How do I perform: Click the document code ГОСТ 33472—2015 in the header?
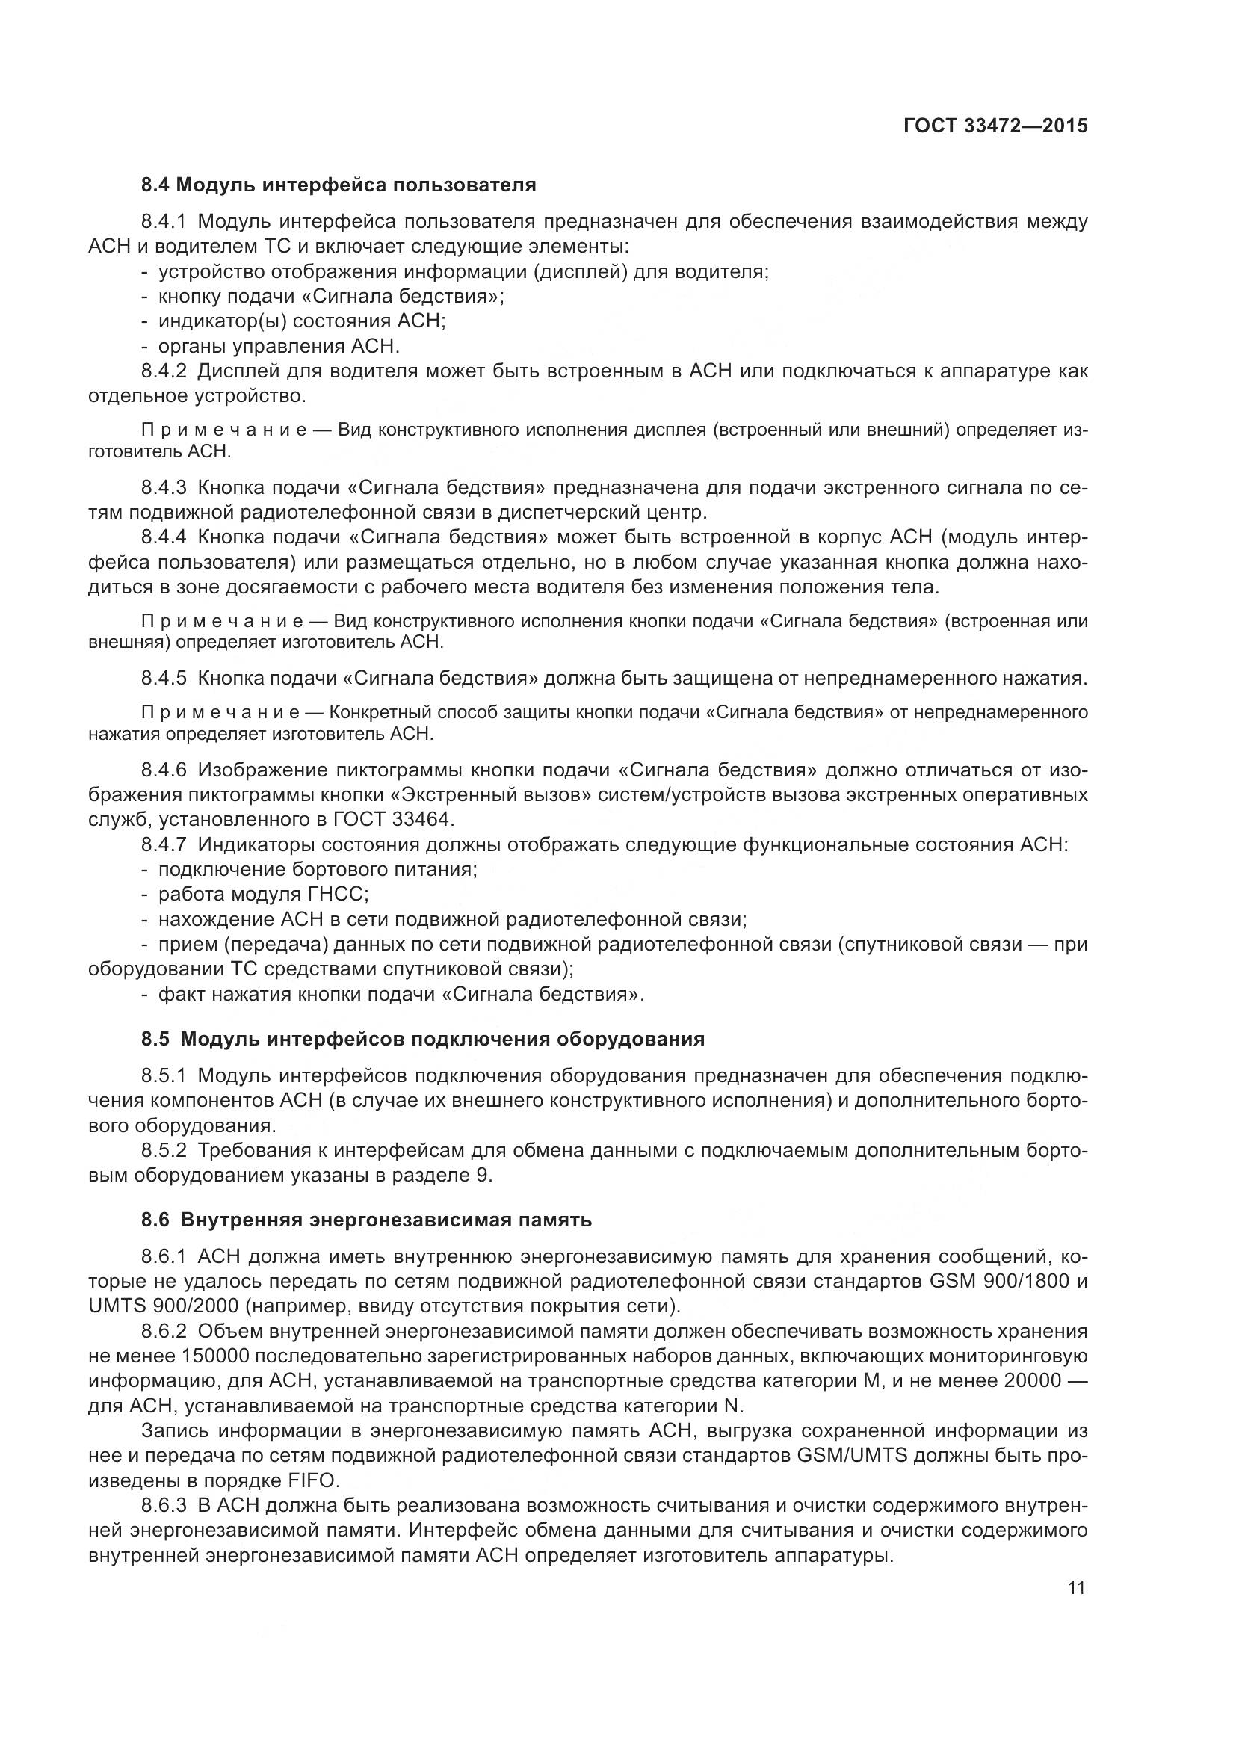point(995,126)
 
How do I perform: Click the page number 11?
point(1076,1587)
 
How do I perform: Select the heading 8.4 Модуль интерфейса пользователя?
point(339,185)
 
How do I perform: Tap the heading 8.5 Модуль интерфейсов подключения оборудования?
point(422,1039)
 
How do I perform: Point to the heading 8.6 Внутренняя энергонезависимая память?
point(366,1220)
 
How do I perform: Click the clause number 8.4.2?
point(164,371)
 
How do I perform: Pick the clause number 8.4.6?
point(164,770)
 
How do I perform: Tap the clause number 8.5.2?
point(164,1150)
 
